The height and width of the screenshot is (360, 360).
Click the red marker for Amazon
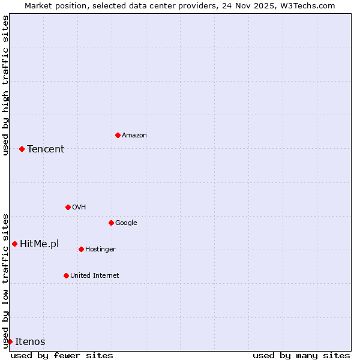coord(118,135)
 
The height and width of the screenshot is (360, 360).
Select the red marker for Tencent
coord(22,149)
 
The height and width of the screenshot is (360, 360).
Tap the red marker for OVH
coord(68,207)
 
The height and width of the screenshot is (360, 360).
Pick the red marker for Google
coord(111,223)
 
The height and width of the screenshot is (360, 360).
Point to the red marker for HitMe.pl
coord(14,244)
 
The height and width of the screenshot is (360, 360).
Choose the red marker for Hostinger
coord(81,249)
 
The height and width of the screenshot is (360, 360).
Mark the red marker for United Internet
coord(66,275)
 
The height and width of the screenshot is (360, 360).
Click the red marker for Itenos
coord(10,341)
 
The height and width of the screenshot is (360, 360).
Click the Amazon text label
coord(134,135)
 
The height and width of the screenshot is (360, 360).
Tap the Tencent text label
coord(46,149)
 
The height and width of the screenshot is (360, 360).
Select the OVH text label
coord(79,207)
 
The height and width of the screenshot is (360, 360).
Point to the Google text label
coord(126,223)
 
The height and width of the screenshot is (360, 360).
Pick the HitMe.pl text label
coord(40,244)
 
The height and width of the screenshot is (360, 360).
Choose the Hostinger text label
coord(100,249)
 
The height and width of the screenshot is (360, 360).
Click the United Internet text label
coord(95,275)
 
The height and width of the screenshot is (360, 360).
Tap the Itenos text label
coord(30,341)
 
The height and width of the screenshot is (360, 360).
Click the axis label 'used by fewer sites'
coord(62,355)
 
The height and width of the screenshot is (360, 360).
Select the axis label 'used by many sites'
coord(301,355)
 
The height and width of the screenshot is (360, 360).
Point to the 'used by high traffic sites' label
coord(5,85)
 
